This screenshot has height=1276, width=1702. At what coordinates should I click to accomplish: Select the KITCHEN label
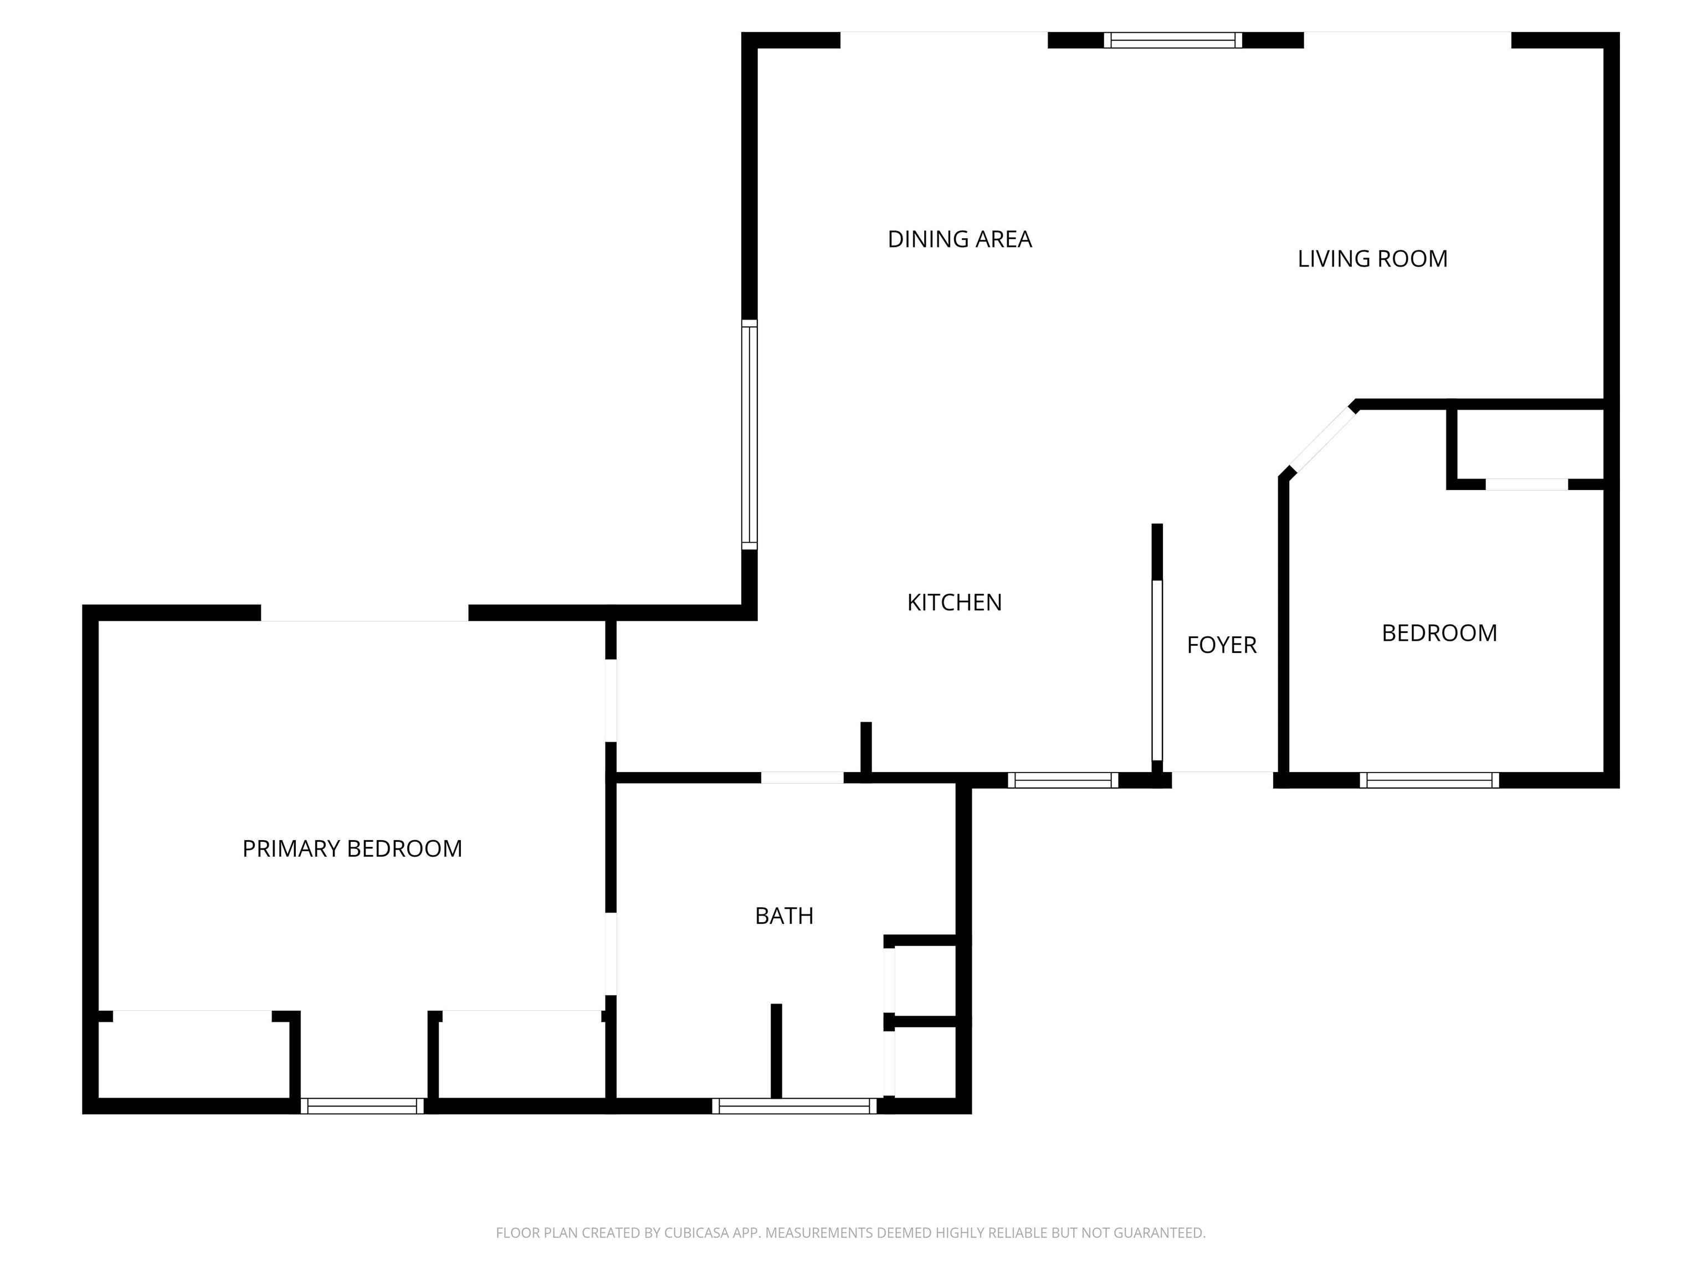click(954, 602)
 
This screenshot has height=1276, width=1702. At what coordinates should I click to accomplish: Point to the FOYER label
click(1221, 645)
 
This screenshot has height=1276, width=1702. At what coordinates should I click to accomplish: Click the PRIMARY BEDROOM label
click(352, 848)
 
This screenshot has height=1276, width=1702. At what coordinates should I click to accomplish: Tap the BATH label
click(784, 916)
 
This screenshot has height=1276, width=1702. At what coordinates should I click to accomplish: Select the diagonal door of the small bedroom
click(1322, 440)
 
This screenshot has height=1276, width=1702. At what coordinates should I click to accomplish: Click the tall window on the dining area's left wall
click(750, 435)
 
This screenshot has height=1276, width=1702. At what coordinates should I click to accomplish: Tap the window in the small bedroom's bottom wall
click(1429, 780)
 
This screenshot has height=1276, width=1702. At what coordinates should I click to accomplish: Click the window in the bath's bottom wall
click(794, 1106)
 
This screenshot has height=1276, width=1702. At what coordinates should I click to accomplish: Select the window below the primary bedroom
click(362, 1106)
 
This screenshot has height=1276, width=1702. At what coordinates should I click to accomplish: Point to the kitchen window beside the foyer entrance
click(1063, 780)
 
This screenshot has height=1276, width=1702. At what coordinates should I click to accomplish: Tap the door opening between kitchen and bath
click(802, 778)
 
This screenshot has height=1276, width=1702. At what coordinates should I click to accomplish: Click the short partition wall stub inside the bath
click(776, 1051)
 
